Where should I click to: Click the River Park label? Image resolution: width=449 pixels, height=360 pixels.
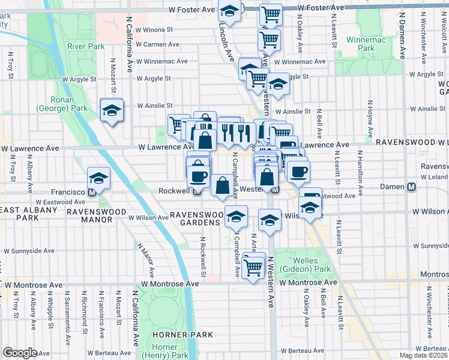coord(86,46)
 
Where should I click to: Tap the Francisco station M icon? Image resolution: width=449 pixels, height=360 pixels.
coord(92,193)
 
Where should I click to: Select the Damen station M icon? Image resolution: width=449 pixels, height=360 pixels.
coord(412,187)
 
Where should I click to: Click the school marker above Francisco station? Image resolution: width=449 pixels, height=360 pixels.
coord(98,178)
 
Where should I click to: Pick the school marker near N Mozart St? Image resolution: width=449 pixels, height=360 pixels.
coord(111,110)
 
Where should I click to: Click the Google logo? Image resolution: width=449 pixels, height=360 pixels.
coord(20,353)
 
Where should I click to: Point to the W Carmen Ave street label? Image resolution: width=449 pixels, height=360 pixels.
coord(157,44)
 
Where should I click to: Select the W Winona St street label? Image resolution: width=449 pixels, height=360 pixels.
coord(154,28)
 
